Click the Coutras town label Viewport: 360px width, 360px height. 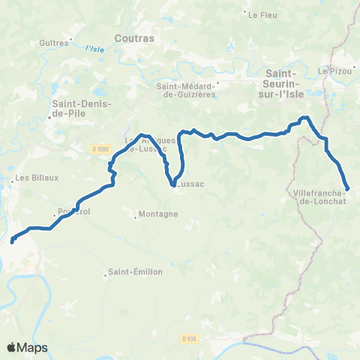(x=134, y=37)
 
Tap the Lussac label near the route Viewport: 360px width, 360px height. (x=190, y=182)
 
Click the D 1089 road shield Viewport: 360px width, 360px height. (x=101, y=148)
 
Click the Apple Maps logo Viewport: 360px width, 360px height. (x=27, y=347)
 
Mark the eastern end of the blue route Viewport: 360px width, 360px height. (x=347, y=188)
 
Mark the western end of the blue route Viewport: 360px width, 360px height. (x=12, y=241)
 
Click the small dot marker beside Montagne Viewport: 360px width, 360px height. (x=135, y=218)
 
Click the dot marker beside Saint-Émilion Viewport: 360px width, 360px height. (x=106, y=274)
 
